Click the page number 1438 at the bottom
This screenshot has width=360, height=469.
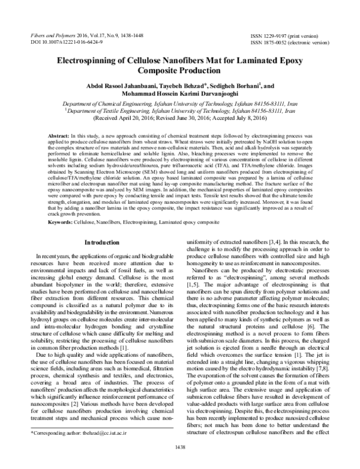(180, 462)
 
